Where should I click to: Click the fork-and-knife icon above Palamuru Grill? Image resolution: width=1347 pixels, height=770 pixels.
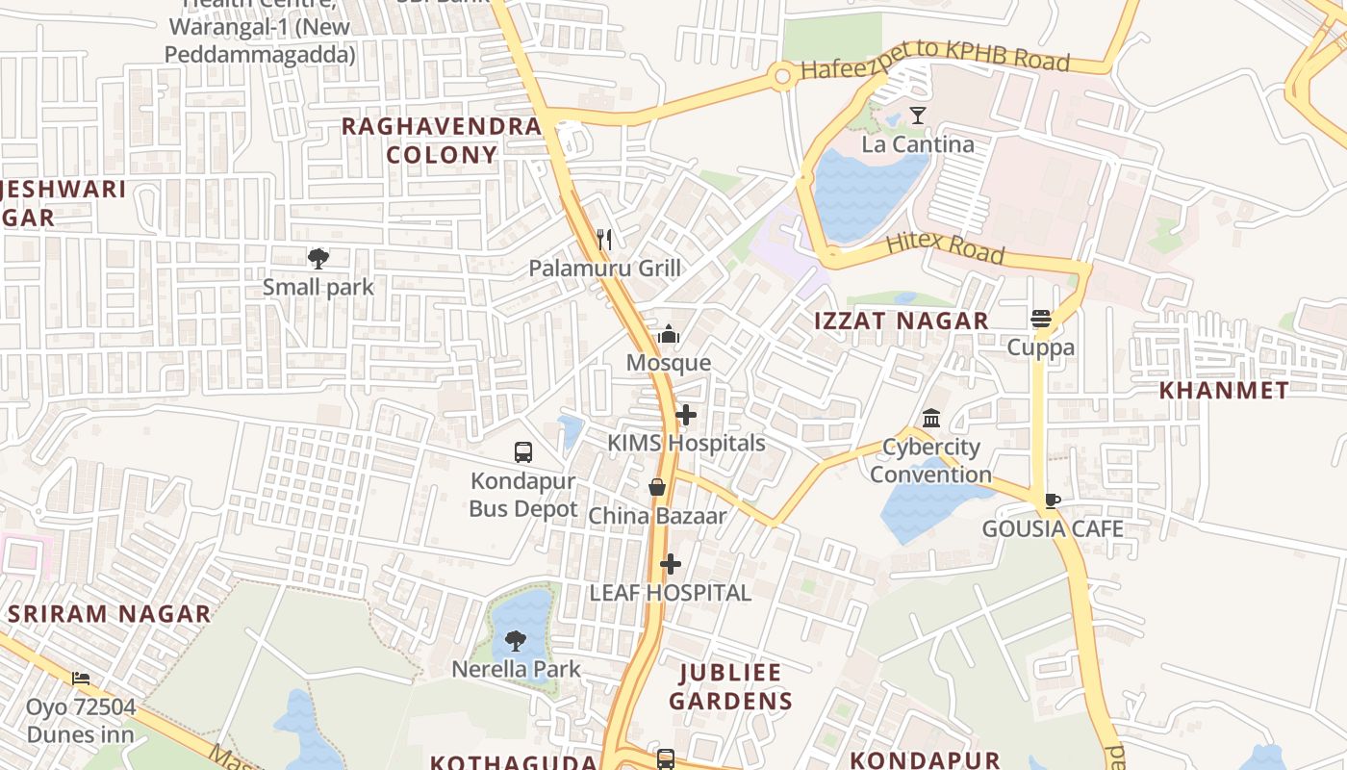tap(604, 239)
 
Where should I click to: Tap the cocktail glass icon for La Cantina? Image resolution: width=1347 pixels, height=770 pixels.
tap(918, 115)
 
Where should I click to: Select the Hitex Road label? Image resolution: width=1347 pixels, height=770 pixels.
tap(944, 247)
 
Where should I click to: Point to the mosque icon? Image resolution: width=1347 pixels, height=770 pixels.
tap(669, 334)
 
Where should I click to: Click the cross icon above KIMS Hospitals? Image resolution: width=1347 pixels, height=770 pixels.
tap(686, 415)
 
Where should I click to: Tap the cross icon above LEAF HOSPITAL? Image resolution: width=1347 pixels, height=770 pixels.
tap(671, 564)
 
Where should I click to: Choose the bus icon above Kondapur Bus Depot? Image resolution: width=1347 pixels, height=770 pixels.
tap(523, 452)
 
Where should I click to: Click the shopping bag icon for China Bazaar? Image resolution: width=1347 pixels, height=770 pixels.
tap(657, 487)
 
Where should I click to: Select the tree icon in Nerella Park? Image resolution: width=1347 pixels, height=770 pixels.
tap(516, 640)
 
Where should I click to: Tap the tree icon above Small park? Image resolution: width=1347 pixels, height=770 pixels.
tap(318, 258)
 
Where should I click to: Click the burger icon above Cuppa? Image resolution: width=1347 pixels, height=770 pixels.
tap(1040, 319)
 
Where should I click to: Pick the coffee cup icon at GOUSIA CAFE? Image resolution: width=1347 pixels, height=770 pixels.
tap(1053, 500)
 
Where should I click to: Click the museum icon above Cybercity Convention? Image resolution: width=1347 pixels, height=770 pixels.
tap(931, 419)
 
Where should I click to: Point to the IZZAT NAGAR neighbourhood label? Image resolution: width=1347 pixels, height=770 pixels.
tap(902, 321)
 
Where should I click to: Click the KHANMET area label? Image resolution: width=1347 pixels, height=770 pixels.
tap(1224, 390)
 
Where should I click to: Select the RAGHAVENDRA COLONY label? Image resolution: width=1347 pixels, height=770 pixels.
tap(442, 140)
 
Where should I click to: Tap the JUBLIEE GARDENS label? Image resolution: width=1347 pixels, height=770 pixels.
tap(731, 686)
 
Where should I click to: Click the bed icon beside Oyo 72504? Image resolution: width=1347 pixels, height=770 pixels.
tap(81, 679)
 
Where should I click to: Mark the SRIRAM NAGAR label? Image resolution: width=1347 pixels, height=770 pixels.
tap(110, 614)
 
